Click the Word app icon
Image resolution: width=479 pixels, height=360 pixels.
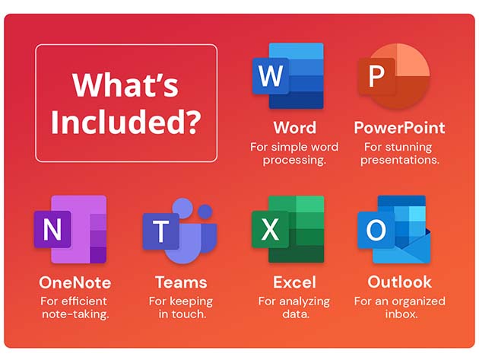click(287, 76)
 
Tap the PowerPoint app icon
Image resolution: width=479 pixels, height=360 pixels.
click(393, 76)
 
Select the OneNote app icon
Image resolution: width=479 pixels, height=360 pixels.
click(70, 229)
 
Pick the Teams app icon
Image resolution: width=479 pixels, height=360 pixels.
click(179, 229)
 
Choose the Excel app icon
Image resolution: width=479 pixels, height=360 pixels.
click(287, 229)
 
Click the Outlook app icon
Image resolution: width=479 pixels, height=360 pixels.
click(393, 229)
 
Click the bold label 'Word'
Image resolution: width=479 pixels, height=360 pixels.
click(294, 127)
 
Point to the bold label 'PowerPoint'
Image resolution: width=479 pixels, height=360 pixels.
click(399, 127)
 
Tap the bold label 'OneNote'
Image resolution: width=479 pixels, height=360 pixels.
click(75, 282)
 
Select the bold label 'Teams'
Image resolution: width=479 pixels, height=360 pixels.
click(181, 282)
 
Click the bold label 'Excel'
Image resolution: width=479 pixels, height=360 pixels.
click(294, 282)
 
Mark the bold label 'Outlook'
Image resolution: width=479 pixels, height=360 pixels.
click(399, 282)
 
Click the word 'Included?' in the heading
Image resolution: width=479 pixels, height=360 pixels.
click(126, 119)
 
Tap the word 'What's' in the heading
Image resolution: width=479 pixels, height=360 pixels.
click(126, 85)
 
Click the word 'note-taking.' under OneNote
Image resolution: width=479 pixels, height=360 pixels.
click(75, 314)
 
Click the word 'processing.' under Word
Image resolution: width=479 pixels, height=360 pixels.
click(294, 160)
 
